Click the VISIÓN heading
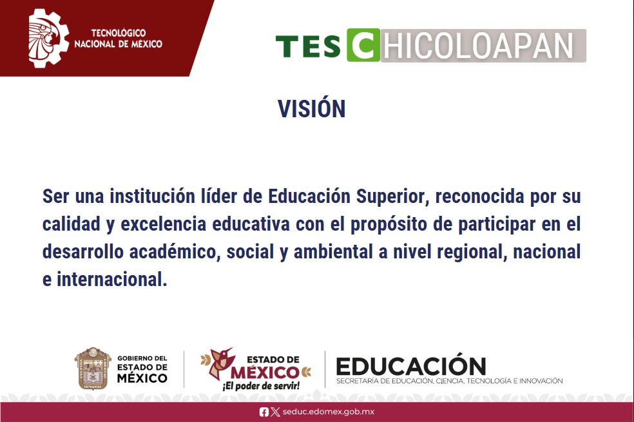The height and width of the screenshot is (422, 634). click(x=311, y=108)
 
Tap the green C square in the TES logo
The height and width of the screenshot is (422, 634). click(x=363, y=45)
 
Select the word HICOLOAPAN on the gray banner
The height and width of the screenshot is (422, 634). click(x=478, y=46)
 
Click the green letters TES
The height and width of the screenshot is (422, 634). click(x=308, y=46)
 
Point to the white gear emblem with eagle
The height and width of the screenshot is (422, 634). click(x=48, y=38)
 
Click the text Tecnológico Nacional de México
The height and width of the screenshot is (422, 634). click(x=118, y=39)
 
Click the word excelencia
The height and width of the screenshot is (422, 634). click(x=164, y=224)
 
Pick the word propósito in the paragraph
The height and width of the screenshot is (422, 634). click(x=388, y=225)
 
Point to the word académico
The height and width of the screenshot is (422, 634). click(x=175, y=252)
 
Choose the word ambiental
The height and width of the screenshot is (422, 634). click(x=333, y=252)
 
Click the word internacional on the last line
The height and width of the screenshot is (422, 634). click(x=111, y=280)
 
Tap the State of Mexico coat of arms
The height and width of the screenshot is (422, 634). click(x=93, y=369)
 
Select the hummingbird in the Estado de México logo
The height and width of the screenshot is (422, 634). click(x=218, y=361)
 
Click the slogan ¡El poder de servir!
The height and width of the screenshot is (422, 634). click(x=261, y=386)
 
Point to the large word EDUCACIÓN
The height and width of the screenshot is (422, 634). click(x=411, y=365)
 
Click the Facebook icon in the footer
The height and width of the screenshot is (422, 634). click(x=264, y=412)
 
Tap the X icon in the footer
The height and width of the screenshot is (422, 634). click(x=275, y=412)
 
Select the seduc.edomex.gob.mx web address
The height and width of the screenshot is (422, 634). click(x=329, y=412)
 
